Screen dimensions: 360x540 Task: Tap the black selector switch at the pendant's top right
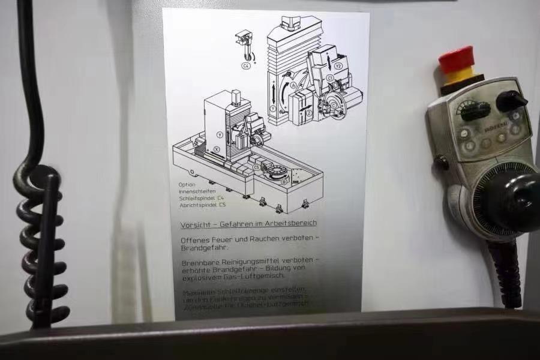[511, 100]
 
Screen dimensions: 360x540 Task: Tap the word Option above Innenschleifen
[187, 185]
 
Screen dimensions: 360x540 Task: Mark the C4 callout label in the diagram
[246, 65]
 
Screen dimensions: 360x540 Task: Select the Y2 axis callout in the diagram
[338, 65]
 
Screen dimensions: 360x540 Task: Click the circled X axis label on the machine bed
[217, 149]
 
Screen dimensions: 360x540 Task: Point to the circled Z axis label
[308, 113]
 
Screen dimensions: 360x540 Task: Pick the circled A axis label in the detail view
[293, 86]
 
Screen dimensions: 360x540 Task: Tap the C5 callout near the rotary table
[257, 167]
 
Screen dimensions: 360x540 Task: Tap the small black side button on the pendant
[442, 163]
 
